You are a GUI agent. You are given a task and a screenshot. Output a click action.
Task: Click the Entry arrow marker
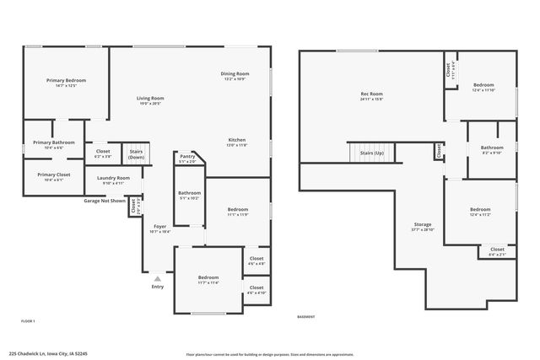tap(157, 278)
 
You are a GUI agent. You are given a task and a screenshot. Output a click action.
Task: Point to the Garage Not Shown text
tap(105, 201)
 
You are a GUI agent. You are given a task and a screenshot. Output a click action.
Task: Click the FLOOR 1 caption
tap(28, 321)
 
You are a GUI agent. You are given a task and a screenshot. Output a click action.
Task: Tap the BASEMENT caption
tap(306, 316)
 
